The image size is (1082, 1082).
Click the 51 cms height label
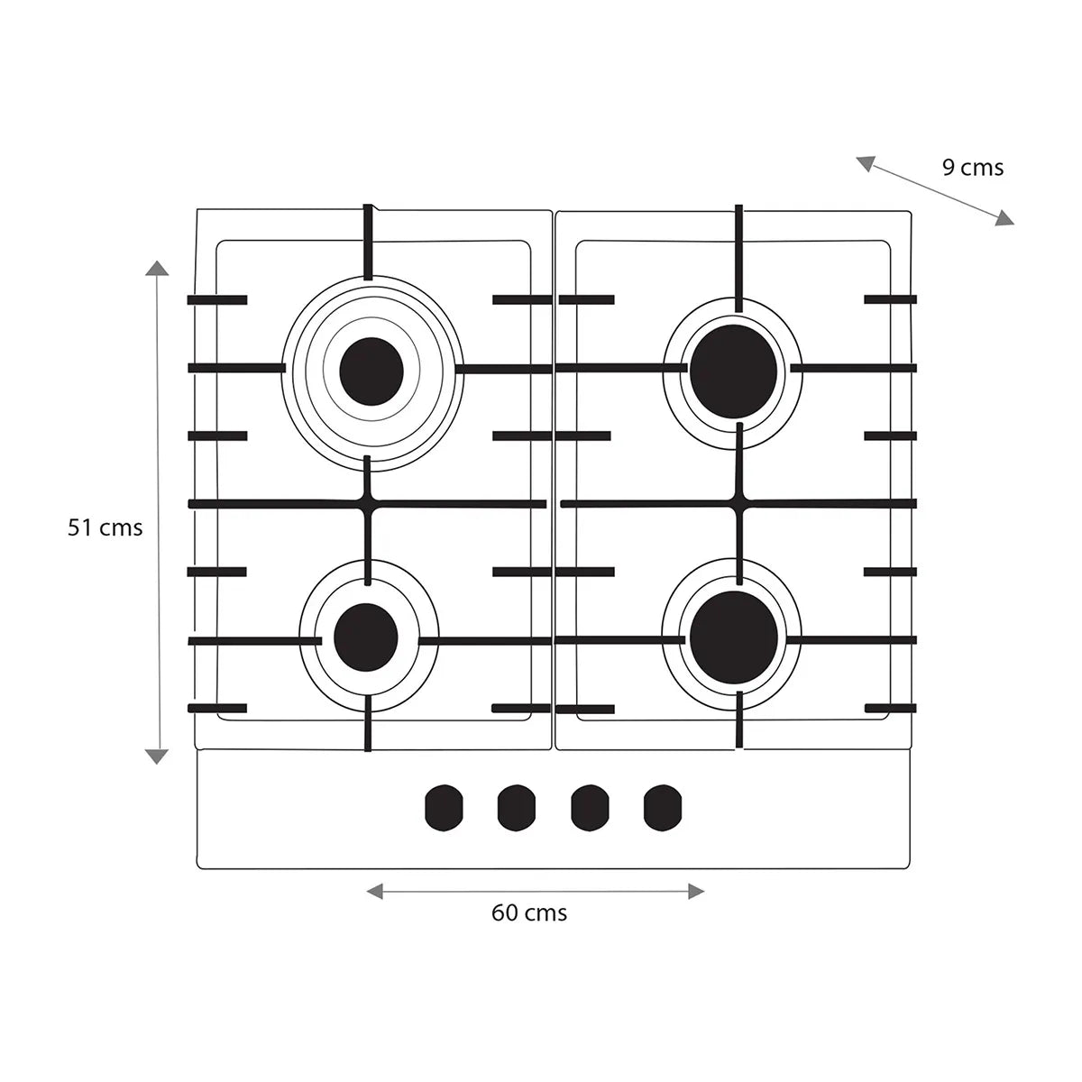[x=105, y=527]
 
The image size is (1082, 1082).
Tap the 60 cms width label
[x=529, y=913]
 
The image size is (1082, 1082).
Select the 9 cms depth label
[x=973, y=168]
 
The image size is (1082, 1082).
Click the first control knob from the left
[x=445, y=808]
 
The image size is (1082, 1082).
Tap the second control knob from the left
[x=516, y=808]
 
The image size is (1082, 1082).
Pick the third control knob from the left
[x=590, y=808]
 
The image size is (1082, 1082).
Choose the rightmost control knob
[x=663, y=808]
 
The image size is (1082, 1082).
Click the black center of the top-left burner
[x=371, y=371]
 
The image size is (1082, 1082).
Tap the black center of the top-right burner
[x=733, y=371]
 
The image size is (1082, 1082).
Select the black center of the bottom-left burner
[x=365, y=637]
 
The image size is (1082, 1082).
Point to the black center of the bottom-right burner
[x=733, y=637]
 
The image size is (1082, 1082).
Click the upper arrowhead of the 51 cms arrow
[x=157, y=268]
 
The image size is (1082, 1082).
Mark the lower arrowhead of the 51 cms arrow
[x=157, y=756]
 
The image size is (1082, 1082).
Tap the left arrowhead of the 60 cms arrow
[x=374, y=891]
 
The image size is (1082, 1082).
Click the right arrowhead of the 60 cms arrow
[x=696, y=891]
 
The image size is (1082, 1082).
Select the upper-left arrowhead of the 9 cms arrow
[x=866, y=163]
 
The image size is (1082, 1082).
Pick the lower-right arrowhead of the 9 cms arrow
[x=1004, y=218]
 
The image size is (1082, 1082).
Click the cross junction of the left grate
[x=368, y=504]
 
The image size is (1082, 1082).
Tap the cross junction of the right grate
[x=740, y=503]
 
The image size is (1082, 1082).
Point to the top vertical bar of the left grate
[x=368, y=242]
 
